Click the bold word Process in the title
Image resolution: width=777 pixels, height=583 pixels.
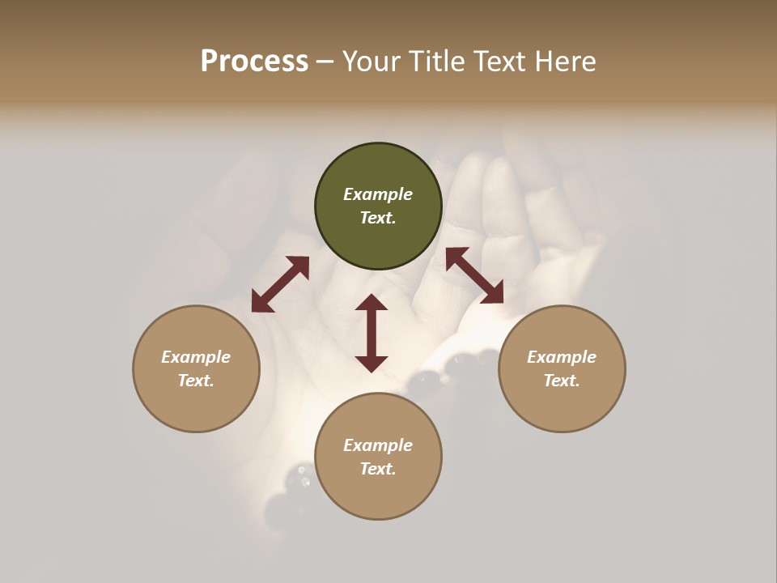click(x=254, y=62)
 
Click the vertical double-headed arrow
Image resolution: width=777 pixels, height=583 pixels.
click(x=372, y=333)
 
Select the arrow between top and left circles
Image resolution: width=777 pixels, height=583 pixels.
click(x=280, y=284)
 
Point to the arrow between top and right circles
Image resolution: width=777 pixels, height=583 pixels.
click(x=474, y=275)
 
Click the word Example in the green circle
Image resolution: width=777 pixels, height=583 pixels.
click(x=378, y=194)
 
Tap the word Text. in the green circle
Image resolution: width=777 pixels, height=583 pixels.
click(x=378, y=218)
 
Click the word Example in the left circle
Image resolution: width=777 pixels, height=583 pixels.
click(x=196, y=357)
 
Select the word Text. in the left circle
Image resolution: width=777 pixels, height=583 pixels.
click(x=196, y=381)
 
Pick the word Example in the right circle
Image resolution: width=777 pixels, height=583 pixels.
click(x=562, y=357)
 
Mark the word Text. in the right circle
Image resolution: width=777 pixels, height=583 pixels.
click(x=562, y=381)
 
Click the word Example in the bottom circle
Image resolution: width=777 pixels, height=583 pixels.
click(x=378, y=445)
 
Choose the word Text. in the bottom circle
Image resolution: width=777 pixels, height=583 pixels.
click(x=378, y=469)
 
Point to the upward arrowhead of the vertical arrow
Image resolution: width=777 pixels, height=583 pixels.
click(x=372, y=302)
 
